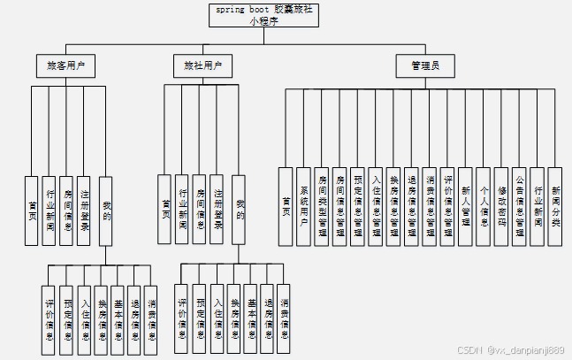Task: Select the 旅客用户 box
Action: click(65, 65)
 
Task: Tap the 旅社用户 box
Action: click(202, 65)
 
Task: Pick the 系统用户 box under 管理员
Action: click(304, 205)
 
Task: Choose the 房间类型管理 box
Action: click(322, 205)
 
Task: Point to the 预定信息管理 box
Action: click(357, 205)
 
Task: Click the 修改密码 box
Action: click(501, 205)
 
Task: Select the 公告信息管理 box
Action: click(520, 205)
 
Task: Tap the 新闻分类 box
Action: click(555, 205)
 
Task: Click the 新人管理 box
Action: click(466, 205)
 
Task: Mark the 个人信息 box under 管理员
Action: click(484, 205)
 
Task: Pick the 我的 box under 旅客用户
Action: click(106, 209)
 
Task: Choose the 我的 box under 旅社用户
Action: click(239, 209)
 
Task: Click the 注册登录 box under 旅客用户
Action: click(84, 209)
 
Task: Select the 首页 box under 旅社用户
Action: click(164, 209)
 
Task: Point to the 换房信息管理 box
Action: click(393, 205)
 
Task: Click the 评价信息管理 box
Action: click(447, 205)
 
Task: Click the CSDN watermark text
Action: click(510, 349)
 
